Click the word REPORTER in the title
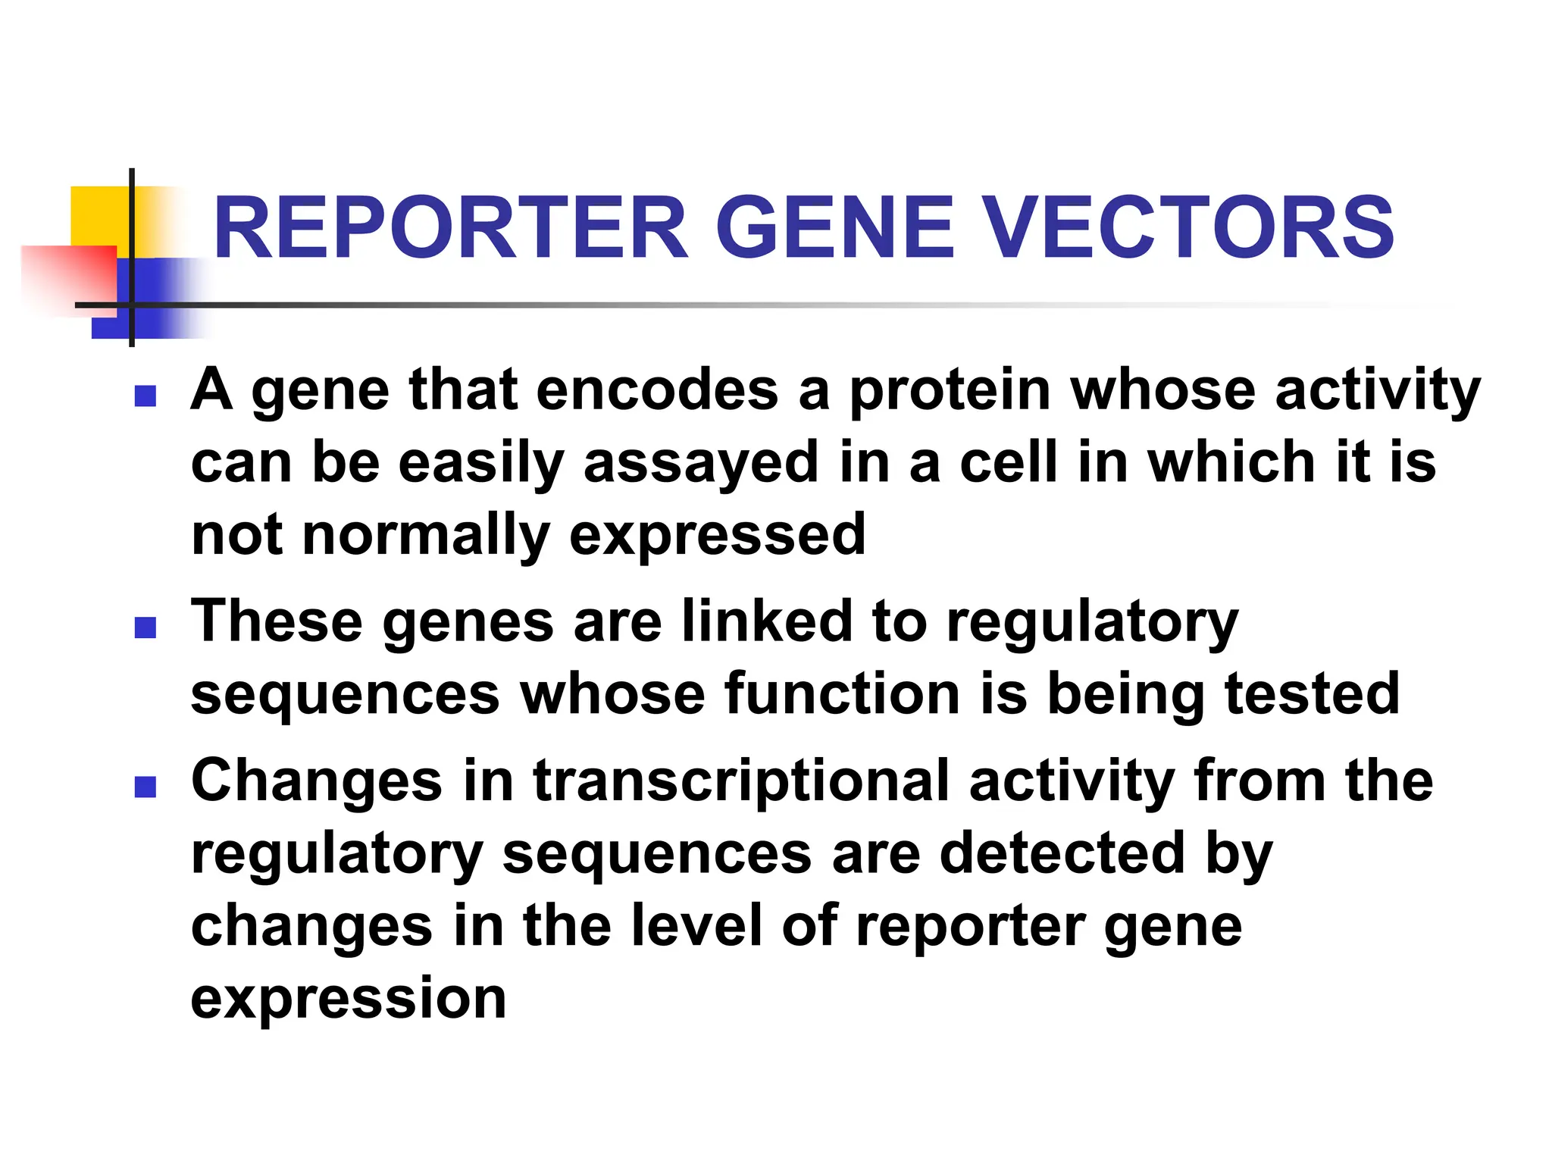point(452,227)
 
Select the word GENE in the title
point(834,227)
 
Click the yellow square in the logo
point(99,216)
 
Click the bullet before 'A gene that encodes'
point(145,396)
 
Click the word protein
point(950,391)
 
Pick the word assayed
point(701,464)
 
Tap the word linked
point(766,621)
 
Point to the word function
point(842,694)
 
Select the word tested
point(1312,694)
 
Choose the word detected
point(1062,853)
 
